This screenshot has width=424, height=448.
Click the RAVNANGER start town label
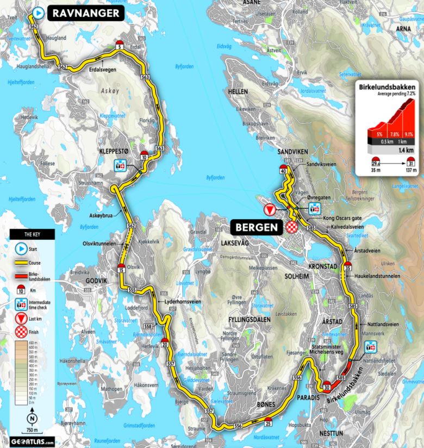point(86,14)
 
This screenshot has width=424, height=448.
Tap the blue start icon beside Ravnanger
point(38,13)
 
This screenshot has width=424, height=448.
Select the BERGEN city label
point(255,226)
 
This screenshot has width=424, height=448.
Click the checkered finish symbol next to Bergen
point(293,227)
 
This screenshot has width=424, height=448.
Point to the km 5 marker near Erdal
point(120,46)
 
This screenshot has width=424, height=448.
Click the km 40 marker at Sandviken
point(284,169)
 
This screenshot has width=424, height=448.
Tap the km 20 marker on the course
point(165,343)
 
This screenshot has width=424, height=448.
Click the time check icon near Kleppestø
point(120,166)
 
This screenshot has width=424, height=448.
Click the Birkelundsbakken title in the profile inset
point(387,86)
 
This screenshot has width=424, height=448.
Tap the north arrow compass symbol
point(33,419)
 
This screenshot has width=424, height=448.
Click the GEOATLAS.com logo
point(33,440)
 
